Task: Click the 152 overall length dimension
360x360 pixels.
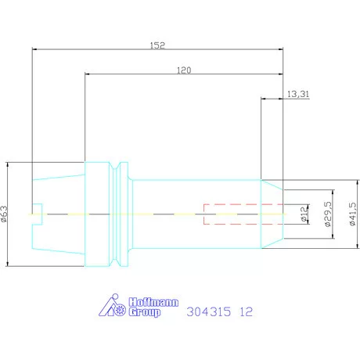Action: (157, 45)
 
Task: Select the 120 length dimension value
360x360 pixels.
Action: (184, 70)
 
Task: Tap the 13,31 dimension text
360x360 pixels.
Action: (298, 94)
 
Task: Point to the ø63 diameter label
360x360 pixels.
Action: (5, 214)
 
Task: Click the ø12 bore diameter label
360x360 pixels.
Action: (304, 214)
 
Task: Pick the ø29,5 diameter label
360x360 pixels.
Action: (328, 214)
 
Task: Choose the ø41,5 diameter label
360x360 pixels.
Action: (352, 214)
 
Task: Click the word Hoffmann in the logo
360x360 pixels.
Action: (153, 302)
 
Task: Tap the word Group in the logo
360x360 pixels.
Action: (145, 312)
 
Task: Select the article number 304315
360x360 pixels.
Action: (209, 311)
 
